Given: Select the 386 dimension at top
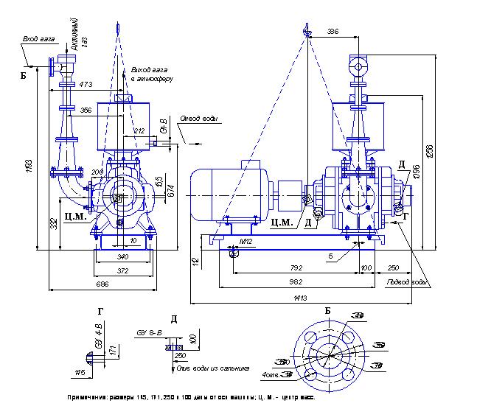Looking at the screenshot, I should point(332,32).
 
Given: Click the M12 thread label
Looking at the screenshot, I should point(246,241).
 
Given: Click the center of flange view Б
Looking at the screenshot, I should point(328,354).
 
